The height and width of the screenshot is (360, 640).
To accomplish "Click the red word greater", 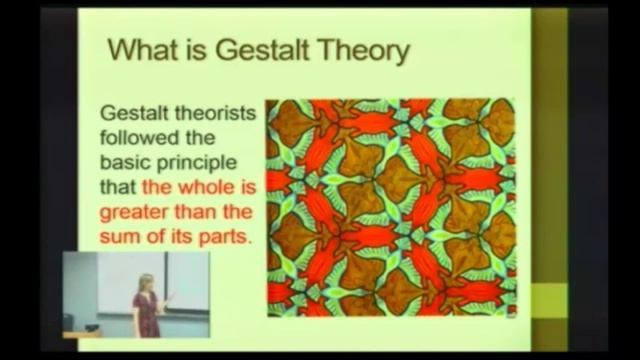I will pos(139,213).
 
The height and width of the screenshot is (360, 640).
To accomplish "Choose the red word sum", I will pos(127,238).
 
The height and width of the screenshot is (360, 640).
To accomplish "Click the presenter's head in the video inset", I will pos(147,281).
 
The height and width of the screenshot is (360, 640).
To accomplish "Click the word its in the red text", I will pos(182,238).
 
